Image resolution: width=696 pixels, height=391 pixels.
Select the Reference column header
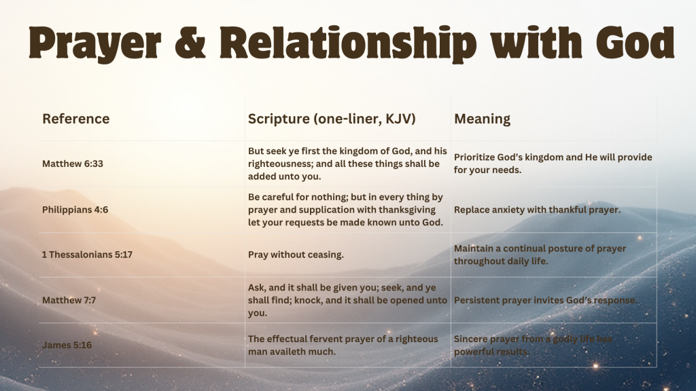pos(75,119)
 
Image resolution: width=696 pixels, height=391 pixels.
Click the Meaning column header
pos(482,119)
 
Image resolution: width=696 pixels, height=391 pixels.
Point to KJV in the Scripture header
pos(397,119)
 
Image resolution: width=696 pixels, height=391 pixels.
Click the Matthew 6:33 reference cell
pos(73,164)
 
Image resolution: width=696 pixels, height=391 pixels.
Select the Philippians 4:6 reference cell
pos(75,210)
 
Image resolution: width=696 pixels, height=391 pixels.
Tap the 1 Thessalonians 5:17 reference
pos(86,255)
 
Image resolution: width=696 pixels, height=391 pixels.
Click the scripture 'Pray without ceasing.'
pos(296,255)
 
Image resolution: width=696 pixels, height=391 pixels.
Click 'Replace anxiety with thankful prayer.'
pos(537,210)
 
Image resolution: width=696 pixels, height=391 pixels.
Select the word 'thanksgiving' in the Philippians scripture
pos(413,210)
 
